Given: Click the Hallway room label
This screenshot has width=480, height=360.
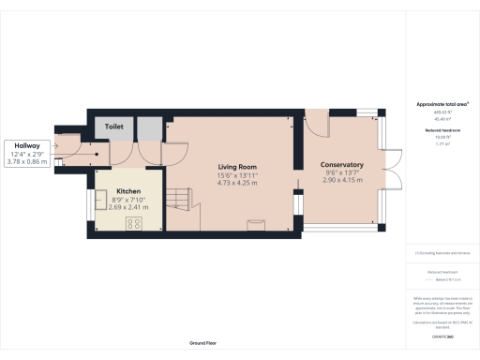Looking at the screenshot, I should pyautogui.click(x=25, y=146).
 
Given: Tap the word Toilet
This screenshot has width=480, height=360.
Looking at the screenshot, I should pyautogui.click(x=113, y=124).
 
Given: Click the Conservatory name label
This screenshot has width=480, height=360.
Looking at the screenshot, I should pyautogui.click(x=341, y=165).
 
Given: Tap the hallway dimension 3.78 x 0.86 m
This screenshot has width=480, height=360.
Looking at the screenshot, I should pyautogui.click(x=25, y=161).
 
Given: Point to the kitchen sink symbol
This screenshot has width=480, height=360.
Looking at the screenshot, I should pyautogui.click(x=100, y=202).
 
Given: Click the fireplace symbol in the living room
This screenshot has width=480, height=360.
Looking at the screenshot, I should pyautogui.click(x=253, y=222).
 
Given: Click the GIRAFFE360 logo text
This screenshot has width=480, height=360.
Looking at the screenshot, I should pyautogui.click(x=441, y=337).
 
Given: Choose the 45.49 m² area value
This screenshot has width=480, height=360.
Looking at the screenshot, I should pyautogui.click(x=441, y=119).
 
